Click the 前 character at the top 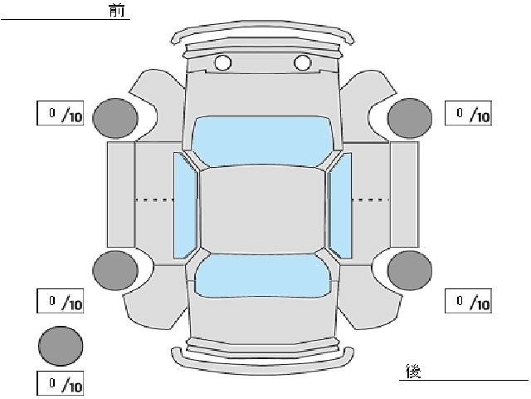point(117,11)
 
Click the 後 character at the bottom point(413,372)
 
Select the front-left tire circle point(115,118)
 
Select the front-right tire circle point(410,118)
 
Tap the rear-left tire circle point(115,270)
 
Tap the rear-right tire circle point(410,270)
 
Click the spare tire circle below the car point(61,346)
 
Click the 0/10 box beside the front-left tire point(60,113)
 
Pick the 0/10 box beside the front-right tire point(468,113)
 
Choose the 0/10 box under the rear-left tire point(60,301)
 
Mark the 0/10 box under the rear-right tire point(468,301)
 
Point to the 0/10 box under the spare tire point(60,384)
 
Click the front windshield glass point(262,141)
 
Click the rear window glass point(263,276)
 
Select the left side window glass point(185,205)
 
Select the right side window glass point(340,205)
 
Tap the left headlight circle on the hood point(223,62)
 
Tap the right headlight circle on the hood point(302,62)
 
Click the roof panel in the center point(262,210)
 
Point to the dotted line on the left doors point(155,199)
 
